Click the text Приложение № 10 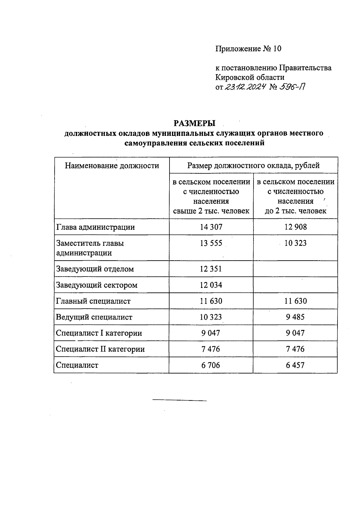[248, 49]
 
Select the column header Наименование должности [112, 166]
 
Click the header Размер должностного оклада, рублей [253, 166]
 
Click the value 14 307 [211, 227]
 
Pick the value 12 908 [295, 227]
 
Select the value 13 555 [211, 243]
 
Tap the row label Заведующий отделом [95, 269]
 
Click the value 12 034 [211, 285]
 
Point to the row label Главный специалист [93, 301]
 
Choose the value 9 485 [295, 317]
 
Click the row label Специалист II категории [100, 349]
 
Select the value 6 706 [211, 365]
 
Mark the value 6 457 [295, 365]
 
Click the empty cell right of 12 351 [295, 269]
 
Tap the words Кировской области [250, 77]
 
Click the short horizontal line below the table [179, 400]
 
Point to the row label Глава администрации [95, 227]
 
